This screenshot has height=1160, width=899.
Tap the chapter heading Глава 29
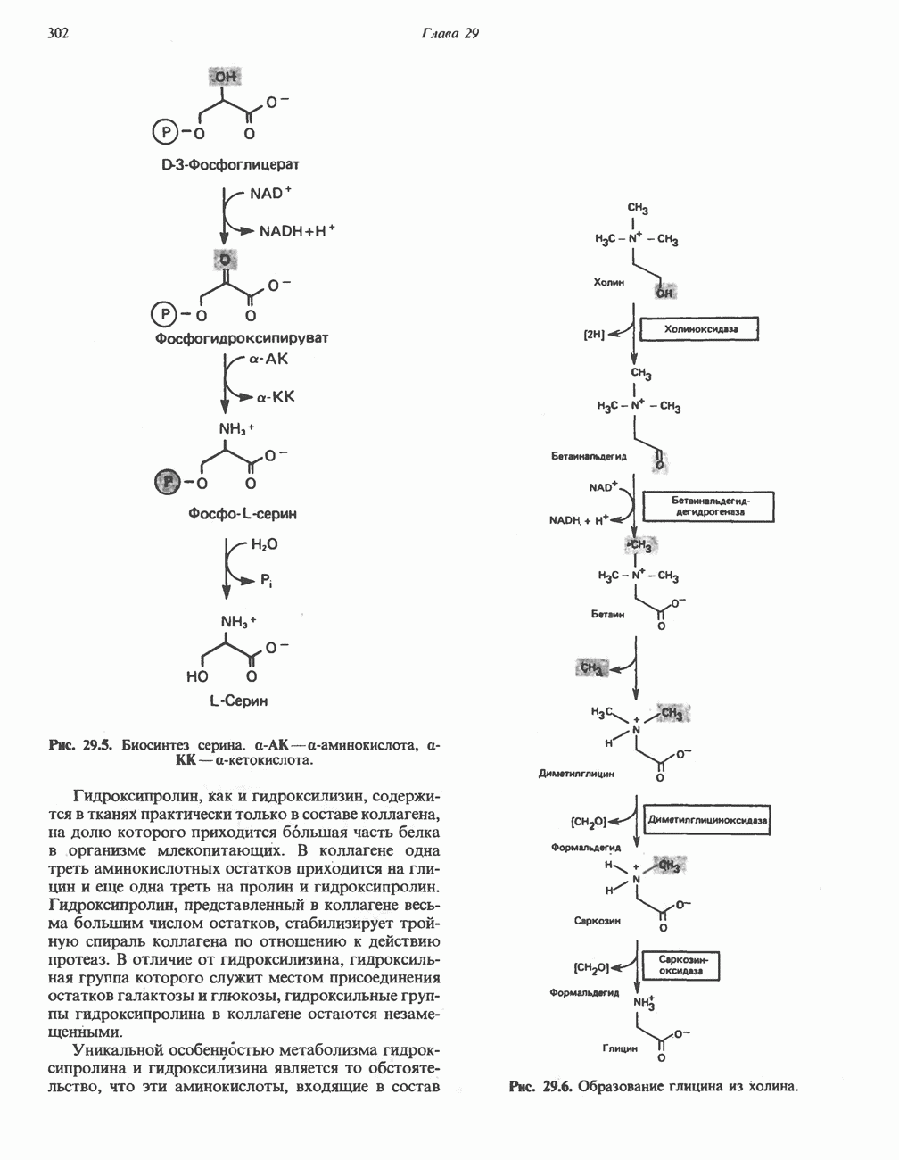449,34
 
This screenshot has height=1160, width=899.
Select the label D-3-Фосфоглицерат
230,165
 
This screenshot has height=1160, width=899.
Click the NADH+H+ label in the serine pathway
296,231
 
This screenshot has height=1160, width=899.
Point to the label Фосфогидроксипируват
242,339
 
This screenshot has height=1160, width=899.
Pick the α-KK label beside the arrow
276,396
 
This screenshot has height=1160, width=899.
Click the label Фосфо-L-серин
243,514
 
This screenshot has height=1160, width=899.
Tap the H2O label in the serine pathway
264,544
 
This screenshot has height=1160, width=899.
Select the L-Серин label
238,701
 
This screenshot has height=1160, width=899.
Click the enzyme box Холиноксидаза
699,330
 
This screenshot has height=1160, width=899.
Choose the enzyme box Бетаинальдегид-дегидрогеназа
709,507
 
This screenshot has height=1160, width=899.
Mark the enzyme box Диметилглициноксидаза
707,819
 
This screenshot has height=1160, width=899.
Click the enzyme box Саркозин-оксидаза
681,965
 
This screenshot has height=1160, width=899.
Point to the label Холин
608,282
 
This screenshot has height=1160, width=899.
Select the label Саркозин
598,919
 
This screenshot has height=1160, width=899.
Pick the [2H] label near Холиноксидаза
594,335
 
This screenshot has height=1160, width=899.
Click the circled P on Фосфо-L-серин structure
168,482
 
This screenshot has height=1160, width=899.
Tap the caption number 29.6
556,1087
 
